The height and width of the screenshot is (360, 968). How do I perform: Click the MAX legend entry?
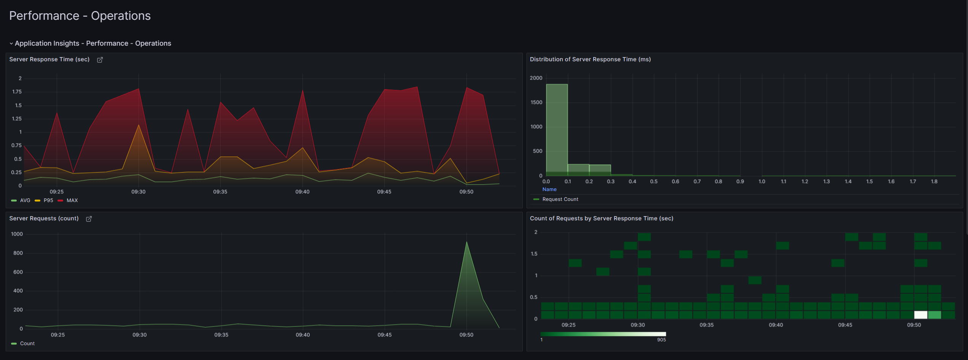click(x=72, y=201)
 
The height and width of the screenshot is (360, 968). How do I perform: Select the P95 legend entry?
click(x=48, y=201)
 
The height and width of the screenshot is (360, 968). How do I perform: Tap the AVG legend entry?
click(x=25, y=201)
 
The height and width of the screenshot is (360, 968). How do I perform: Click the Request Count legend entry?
click(x=560, y=199)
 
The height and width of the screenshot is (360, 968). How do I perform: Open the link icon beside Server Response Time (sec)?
click(x=100, y=60)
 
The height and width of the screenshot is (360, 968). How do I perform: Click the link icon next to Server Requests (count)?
click(x=89, y=219)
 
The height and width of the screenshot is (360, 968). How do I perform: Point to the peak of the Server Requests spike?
click(x=466, y=242)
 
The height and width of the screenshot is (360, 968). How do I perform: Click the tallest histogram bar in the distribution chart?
click(x=557, y=129)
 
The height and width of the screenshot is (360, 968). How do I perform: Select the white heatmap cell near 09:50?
click(x=920, y=315)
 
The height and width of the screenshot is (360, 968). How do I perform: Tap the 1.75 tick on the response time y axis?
click(x=17, y=92)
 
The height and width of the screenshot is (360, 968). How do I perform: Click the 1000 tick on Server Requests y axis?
click(x=17, y=234)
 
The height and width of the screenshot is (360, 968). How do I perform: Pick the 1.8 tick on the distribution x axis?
click(x=934, y=182)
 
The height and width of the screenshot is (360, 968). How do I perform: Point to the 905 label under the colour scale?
click(x=661, y=340)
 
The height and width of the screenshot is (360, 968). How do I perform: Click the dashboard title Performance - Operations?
click(x=80, y=16)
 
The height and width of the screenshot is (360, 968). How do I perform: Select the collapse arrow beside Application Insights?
click(x=11, y=44)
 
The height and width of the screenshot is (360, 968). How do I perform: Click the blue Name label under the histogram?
click(x=549, y=190)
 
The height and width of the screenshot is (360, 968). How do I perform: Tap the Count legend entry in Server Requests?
click(x=27, y=344)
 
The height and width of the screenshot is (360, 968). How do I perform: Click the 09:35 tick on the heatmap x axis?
click(x=707, y=325)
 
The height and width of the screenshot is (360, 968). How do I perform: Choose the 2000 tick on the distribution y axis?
click(x=536, y=78)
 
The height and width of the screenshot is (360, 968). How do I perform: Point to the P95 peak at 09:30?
click(x=139, y=125)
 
